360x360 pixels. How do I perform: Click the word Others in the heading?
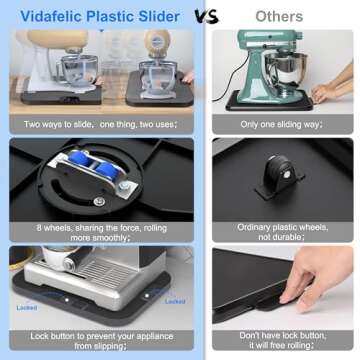279,17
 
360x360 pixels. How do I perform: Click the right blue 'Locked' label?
174,300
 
